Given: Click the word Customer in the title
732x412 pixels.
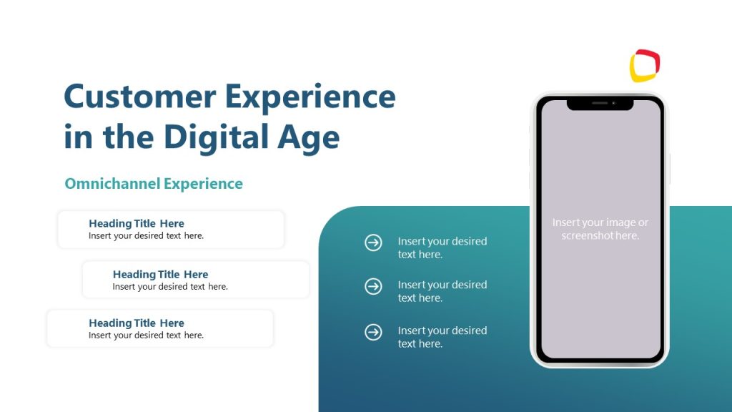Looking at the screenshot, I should tap(139, 97).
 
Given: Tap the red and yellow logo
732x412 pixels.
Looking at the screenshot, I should tap(645, 66).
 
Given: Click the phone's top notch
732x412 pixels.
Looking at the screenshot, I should tap(600, 104).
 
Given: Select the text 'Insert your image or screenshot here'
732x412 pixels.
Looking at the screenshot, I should tap(600, 229).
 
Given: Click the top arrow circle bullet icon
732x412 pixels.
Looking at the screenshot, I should tap(373, 243).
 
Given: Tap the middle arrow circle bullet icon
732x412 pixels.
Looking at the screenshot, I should tap(373, 287).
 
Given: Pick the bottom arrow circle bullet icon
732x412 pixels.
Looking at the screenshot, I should tap(373, 332).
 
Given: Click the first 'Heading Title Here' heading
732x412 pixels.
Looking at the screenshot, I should tap(137, 224).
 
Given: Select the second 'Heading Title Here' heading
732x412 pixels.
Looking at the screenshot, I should tap(160, 275).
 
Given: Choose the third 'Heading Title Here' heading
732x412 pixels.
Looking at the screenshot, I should tap(137, 323).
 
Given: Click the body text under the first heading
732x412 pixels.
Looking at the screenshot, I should tap(146, 236).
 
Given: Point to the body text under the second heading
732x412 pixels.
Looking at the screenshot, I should tap(170, 287).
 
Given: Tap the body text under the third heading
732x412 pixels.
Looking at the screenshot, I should tap(146, 335).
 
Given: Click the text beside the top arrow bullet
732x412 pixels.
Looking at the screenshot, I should tap(442, 247).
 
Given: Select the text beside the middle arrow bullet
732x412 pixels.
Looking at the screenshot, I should tap(442, 291).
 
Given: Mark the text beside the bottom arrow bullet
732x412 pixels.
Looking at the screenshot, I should tap(442, 337).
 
